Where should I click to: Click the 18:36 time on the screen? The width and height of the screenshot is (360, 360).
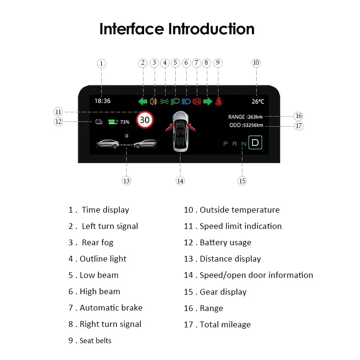(102, 101)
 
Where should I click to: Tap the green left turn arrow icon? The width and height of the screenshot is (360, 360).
(143, 101)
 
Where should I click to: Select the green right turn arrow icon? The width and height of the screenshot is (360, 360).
(207, 101)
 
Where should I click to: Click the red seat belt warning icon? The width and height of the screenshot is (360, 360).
(218, 101)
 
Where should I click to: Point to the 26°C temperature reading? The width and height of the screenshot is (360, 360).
(258, 101)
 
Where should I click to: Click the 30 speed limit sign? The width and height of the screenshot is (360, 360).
(144, 120)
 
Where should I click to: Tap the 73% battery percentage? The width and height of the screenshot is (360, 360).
(125, 122)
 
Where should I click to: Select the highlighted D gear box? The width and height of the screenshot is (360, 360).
(254, 143)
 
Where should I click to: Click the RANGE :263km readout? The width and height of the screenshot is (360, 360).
(245, 116)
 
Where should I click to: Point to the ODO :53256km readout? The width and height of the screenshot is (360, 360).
(246, 126)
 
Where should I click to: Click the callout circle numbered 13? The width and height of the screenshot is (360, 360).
(126, 181)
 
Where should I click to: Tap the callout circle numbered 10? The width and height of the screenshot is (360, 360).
(256, 63)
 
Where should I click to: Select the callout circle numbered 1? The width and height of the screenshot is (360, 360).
(101, 63)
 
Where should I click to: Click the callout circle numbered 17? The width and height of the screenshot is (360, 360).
(299, 126)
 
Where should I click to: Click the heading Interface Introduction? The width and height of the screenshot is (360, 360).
(177, 29)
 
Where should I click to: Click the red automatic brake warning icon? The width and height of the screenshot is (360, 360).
(196, 101)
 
